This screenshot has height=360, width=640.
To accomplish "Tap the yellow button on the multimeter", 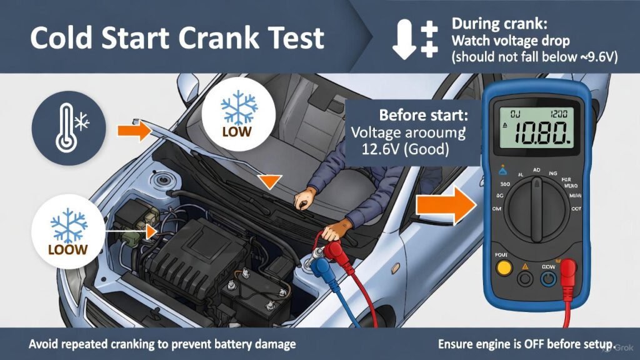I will point(501,269).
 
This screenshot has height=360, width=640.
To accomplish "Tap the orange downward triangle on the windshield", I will point(269,181).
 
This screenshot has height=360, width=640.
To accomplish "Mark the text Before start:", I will point(422,116).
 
